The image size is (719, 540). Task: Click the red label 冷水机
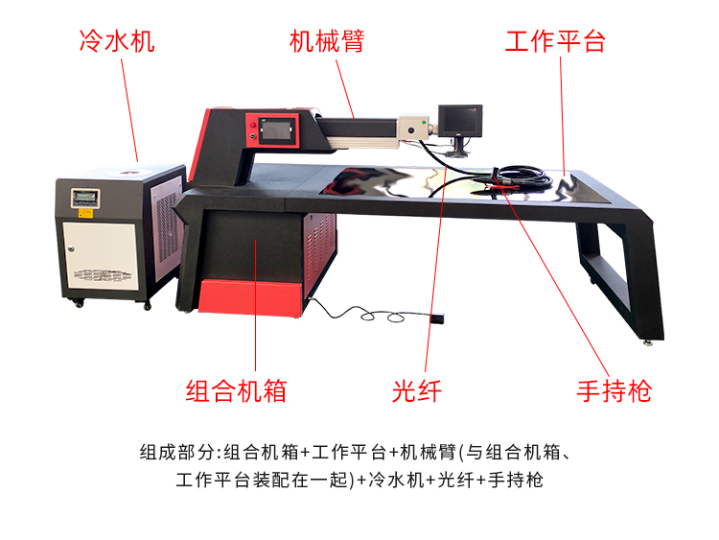tap(117, 41)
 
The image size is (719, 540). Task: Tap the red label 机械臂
tap(328, 41)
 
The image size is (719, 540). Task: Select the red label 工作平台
tap(555, 41)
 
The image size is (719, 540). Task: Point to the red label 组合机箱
tap(236, 391)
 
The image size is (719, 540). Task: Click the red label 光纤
tap(417, 391)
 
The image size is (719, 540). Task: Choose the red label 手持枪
tap(614, 391)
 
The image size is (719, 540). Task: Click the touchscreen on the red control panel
tap(275, 129)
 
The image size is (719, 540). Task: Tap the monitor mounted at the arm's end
tap(460, 120)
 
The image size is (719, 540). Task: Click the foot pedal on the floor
tap(436, 317)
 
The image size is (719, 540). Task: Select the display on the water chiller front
tap(84, 198)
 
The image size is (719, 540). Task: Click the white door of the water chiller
tap(100, 256)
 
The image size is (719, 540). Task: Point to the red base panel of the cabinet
tap(251, 296)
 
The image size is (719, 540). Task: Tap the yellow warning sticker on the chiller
tap(85, 213)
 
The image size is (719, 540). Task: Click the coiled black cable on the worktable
tap(522, 176)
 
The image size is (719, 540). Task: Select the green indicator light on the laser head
tap(424, 123)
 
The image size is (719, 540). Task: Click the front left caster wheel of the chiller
tap(79, 303)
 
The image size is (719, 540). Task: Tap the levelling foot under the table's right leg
tap(647, 341)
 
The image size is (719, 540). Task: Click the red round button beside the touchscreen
tap(252, 125)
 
